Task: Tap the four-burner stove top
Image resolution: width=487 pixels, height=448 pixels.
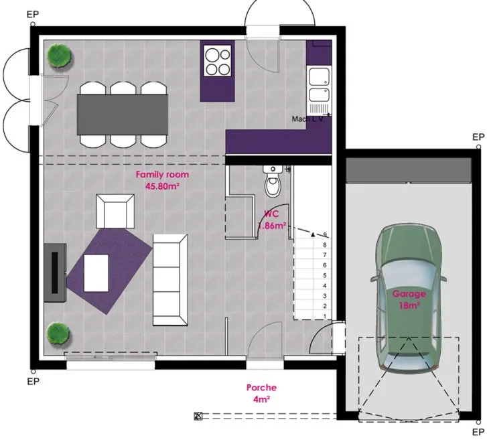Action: [x=218, y=60]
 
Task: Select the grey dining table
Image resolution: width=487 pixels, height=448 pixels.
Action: [x=123, y=115]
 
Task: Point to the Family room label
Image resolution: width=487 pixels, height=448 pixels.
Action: [x=162, y=175]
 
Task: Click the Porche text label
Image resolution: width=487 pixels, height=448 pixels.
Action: [x=261, y=388]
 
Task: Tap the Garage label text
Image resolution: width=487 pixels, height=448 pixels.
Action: [x=409, y=294]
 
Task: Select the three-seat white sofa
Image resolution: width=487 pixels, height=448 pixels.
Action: [x=170, y=280]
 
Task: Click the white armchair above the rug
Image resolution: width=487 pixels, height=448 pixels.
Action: [x=115, y=212]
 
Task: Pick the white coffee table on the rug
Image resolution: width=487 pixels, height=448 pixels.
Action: [x=96, y=273]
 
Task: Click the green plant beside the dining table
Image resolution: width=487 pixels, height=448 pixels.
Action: [x=59, y=55]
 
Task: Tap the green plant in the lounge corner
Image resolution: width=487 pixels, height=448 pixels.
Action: [x=58, y=333]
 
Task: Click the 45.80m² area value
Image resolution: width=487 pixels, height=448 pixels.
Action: [x=163, y=186]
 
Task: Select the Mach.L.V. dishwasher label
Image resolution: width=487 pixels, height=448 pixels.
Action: [x=307, y=119]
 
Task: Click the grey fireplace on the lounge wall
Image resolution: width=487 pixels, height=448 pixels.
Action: [x=55, y=273]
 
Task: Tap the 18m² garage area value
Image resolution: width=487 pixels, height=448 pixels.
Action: [x=409, y=305]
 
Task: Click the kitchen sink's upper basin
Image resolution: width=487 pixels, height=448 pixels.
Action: [x=319, y=77]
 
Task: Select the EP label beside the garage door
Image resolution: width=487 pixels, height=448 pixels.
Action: [x=478, y=432]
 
